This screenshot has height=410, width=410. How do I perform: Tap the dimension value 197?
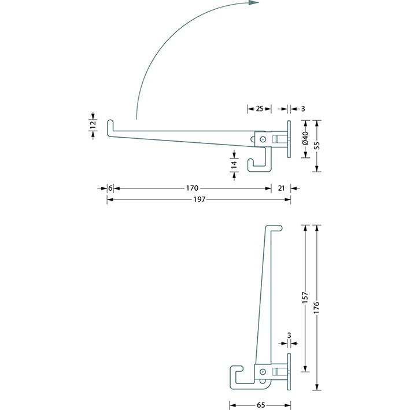[x=199, y=199]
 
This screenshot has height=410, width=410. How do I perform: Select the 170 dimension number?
[x=192, y=188]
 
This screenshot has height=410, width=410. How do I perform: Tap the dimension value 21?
[x=281, y=188]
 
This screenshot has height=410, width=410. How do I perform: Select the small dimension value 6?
[x=110, y=188]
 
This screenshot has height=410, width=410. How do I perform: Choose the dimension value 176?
[x=316, y=306]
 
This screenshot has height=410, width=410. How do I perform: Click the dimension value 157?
[x=305, y=298]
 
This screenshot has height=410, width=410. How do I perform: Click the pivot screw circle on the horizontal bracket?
[x=263, y=139]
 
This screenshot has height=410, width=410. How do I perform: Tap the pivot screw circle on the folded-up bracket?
[x=263, y=373]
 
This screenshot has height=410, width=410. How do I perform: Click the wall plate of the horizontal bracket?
[x=288, y=139]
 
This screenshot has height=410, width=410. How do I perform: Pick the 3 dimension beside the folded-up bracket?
[x=289, y=335]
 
